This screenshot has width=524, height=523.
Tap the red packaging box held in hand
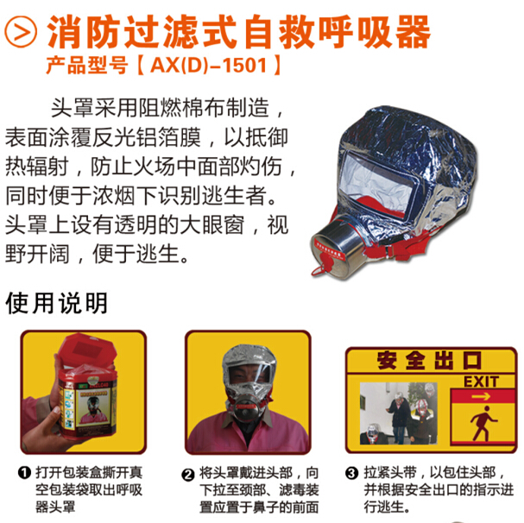(87, 388)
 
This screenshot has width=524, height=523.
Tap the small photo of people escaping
(400, 413)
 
